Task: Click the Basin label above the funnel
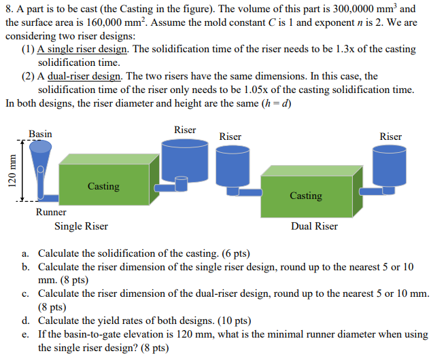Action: point(40,134)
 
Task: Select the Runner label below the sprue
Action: point(51,212)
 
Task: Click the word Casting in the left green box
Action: point(103,185)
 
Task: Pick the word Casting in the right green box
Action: point(306,195)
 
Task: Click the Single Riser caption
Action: point(81,226)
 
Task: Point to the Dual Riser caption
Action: point(314,226)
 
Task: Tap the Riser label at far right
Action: point(390,137)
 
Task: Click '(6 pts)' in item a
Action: point(233,255)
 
